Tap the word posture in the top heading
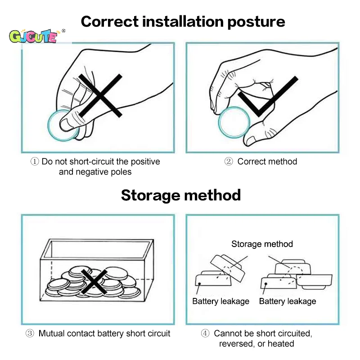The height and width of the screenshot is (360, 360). point(256,22)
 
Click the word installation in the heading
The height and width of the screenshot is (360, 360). point(183,21)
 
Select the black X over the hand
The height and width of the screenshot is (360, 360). point(100,95)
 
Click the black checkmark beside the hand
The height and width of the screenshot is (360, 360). point(268,96)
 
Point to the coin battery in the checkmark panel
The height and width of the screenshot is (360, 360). point(234,122)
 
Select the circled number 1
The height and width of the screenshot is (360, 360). point(35,162)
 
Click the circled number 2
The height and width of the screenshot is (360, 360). point(229,162)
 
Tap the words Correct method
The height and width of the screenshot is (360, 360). point(267,162)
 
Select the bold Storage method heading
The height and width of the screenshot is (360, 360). point(181,195)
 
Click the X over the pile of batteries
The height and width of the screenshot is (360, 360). point(94,282)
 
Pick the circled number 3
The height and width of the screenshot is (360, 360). point(30,333)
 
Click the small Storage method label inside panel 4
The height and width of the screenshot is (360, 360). point(262,244)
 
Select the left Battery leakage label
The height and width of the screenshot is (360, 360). point(220,301)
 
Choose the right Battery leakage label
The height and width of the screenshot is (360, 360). point(288,301)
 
